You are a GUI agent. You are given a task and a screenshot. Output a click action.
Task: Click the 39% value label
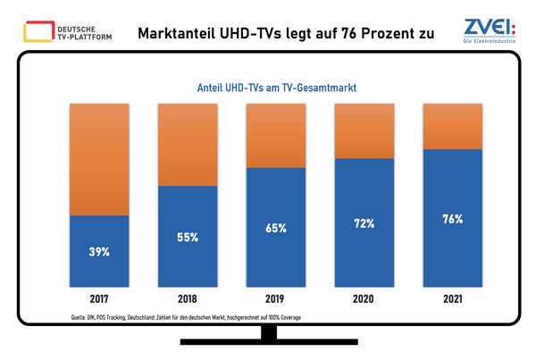tap(99, 252)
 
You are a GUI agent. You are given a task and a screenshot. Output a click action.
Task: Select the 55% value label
tap(188, 239)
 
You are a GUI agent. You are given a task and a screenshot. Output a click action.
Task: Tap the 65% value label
tap(275, 228)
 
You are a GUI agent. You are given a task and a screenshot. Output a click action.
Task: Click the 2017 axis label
tap(99, 299)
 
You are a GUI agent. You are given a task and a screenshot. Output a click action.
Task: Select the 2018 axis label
tap(188, 299)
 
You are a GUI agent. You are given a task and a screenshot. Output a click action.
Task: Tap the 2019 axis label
tap(275, 299)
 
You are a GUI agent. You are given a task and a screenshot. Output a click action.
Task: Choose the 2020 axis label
tap(363, 299)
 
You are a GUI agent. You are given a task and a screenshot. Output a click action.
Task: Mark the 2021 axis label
tap(450, 299)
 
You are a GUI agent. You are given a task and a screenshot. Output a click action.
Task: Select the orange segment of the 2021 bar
tap(450, 126)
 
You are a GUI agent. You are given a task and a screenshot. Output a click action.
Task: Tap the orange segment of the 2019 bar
tap(275, 135)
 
